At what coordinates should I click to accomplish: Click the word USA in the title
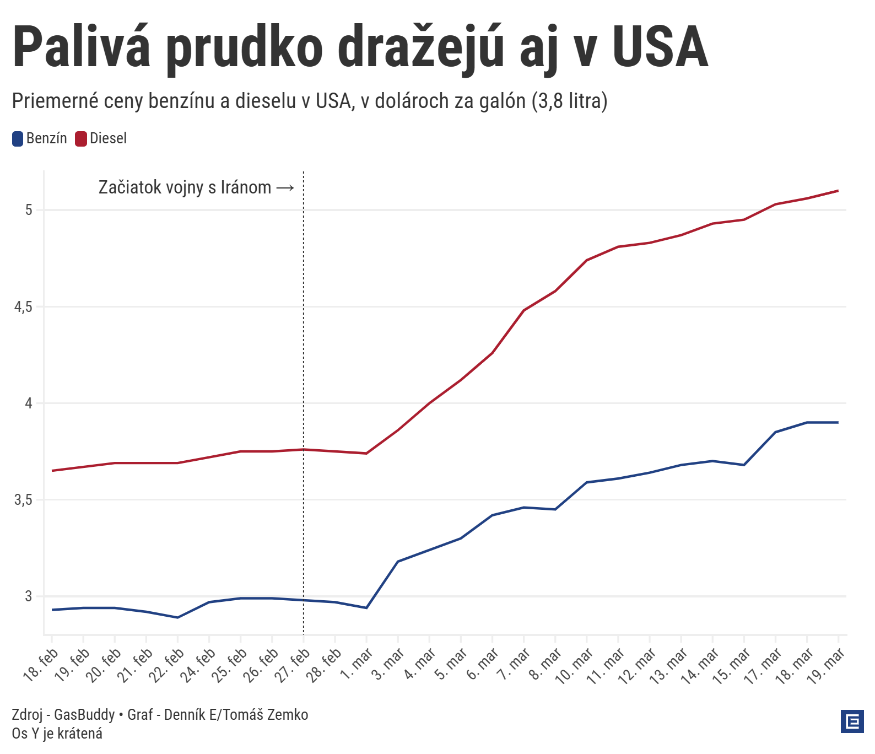click(x=660, y=49)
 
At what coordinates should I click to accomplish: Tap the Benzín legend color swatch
click(x=18, y=139)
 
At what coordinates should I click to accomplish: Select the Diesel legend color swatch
click(x=81, y=139)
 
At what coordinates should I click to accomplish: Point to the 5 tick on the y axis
click(x=29, y=210)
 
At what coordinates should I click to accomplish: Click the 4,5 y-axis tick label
click(x=24, y=307)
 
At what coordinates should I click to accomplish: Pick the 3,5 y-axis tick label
click(x=24, y=500)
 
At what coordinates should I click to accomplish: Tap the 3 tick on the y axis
click(x=29, y=596)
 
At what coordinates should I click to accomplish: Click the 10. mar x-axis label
click(x=575, y=666)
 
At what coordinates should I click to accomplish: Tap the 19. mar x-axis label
click(x=827, y=666)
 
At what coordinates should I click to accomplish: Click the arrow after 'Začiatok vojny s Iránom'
click(x=285, y=188)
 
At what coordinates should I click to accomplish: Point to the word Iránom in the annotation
click(x=246, y=188)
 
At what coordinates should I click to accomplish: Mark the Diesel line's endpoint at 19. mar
click(x=838, y=191)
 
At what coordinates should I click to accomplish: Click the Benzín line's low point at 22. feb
click(x=177, y=617)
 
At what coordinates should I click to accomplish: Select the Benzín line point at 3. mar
click(x=398, y=562)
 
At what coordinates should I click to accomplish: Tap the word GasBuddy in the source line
click(x=84, y=715)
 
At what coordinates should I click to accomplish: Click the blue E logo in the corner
click(x=852, y=721)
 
